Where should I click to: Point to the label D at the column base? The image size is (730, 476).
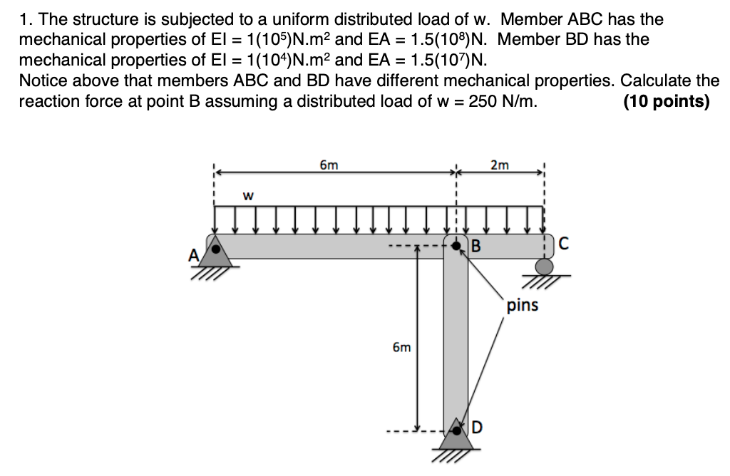click(477, 428)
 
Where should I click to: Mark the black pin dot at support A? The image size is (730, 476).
click(214, 249)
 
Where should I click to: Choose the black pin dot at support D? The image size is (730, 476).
click(456, 430)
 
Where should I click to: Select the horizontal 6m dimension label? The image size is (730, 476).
click(329, 165)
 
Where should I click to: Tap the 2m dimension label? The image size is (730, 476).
click(500, 165)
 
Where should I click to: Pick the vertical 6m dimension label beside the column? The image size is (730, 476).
click(401, 348)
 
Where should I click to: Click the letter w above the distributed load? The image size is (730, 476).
click(249, 194)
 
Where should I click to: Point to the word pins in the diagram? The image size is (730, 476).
click(523, 306)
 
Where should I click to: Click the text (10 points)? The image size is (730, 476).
click(666, 101)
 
